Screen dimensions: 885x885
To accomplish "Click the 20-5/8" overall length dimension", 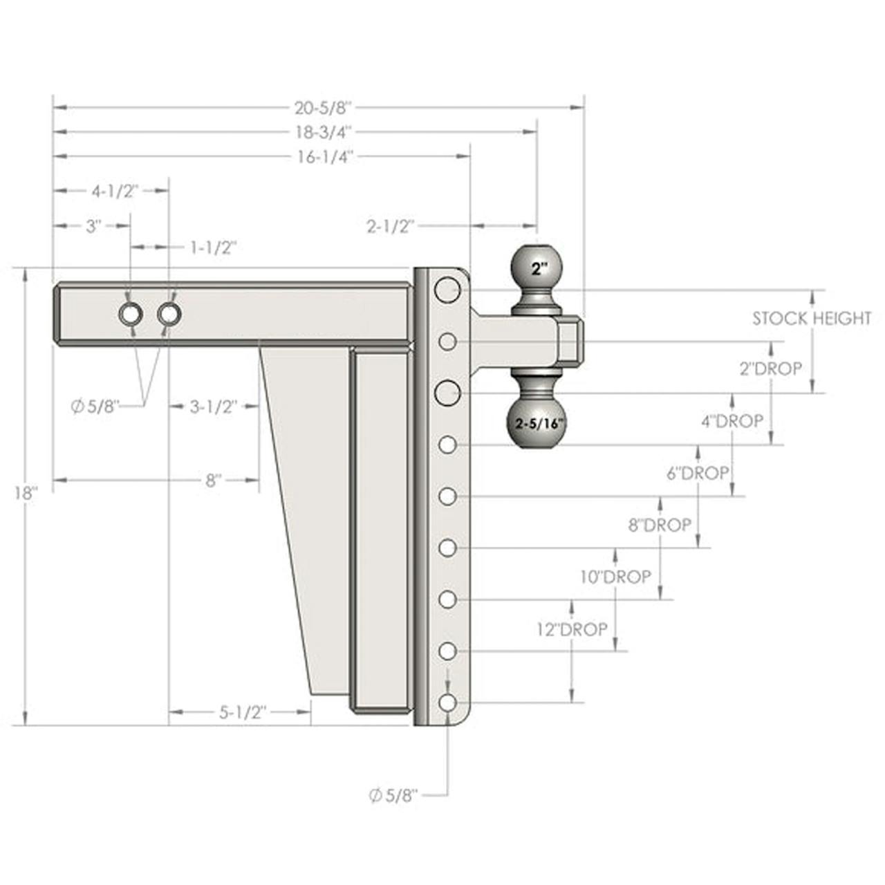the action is pos(323,108).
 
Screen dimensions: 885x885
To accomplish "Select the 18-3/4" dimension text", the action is pos(323,133).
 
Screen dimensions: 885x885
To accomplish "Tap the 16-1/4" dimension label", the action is pos(324,158).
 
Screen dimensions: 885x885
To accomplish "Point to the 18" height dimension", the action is pos(25,494).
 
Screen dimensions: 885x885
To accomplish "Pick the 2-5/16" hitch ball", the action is pos(537,422).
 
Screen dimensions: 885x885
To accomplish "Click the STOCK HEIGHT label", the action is pos(812,318).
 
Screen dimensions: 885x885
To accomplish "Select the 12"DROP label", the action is pos(572,629).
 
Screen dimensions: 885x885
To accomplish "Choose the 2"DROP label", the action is pos(771,369).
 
